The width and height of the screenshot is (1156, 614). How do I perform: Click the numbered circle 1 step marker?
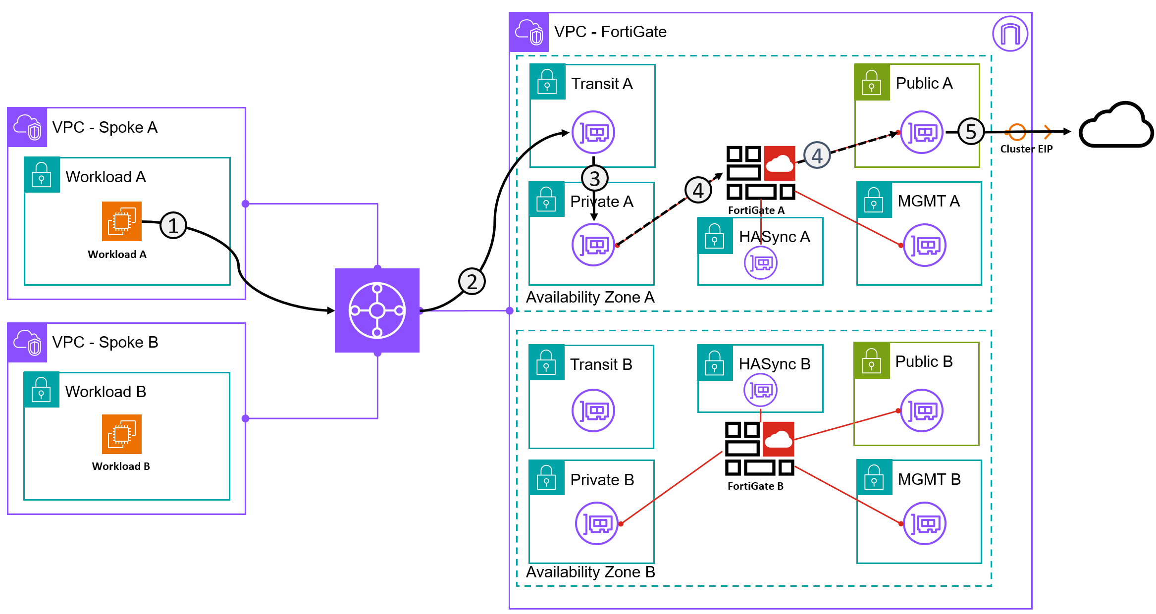pyautogui.click(x=173, y=226)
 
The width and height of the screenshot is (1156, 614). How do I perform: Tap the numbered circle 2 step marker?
pyautogui.click(x=472, y=281)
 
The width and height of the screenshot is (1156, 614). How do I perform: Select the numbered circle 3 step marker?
pyautogui.click(x=594, y=178)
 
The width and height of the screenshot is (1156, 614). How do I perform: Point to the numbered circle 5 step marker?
pyautogui.click(x=971, y=132)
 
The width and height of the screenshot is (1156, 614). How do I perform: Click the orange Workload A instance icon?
pyautogui.click(x=122, y=221)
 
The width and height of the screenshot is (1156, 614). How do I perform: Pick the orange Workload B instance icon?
pyautogui.click(x=122, y=434)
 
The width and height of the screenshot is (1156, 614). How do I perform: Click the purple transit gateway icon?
pyautogui.click(x=377, y=310)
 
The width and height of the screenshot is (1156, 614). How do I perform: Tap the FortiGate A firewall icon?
pyautogui.click(x=761, y=173)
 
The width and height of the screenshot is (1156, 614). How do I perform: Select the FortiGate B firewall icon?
pyautogui.click(x=759, y=449)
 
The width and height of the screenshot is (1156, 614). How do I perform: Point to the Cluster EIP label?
pyautogui.click(x=1026, y=149)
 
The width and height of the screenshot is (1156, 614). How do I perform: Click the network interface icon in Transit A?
pyautogui.click(x=593, y=132)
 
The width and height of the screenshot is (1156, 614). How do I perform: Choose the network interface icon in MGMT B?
pyautogui.click(x=925, y=523)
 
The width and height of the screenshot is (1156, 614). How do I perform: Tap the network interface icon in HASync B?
pyautogui.click(x=760, y=390)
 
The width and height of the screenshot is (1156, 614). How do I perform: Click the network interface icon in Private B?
pyautogui.click(x=596, y=523)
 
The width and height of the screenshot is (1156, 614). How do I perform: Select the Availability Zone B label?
pyautogui.click(x=590, y=572)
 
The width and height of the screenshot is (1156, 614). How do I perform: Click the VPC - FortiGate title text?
pyautogui.click(x=610, y=32)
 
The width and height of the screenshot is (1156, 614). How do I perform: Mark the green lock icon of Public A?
pyautogui.click(x=872, y=82)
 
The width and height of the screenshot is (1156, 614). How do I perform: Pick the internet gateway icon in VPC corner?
pyautogui.click(x=1010, y=34)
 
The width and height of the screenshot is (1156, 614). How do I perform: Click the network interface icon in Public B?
pyautogui.click(x=922, y=410)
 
